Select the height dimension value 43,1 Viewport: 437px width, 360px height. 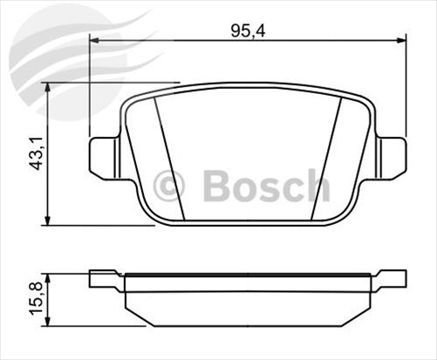34,153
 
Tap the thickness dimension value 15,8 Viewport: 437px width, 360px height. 34,299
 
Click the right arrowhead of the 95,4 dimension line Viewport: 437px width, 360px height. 400,40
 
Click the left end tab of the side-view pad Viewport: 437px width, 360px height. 105,280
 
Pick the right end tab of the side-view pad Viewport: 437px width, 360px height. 389,280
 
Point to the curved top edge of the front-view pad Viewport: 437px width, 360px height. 247,86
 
